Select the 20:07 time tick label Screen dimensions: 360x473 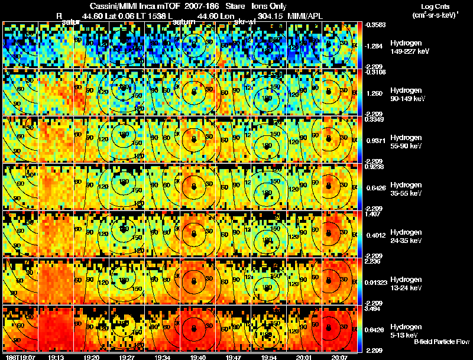[x=339, y=357]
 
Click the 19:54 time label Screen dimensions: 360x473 [x=268, y=357]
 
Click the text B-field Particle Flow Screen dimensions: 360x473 [x=442, y=342]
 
